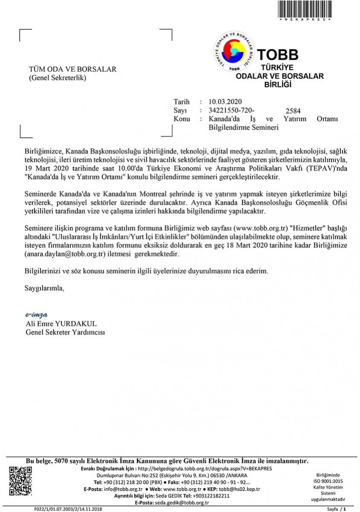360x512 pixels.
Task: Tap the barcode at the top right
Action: tap(305, 9)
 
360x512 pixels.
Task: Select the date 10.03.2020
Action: tap(225, 102)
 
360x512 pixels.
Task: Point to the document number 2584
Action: tap(293, 111)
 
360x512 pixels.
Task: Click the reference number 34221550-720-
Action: tap(229, 110)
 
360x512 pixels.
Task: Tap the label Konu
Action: tap(182, 119)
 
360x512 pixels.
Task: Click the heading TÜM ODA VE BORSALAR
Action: tap(73, 70)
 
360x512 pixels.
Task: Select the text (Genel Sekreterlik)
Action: tap(57, 78)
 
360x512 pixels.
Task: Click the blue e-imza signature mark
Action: tap(36, 315)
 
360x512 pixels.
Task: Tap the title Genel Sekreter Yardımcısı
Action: tap(65, 332)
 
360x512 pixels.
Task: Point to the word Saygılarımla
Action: tap(44, 288)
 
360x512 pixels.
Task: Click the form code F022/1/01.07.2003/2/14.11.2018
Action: tap(68, 509)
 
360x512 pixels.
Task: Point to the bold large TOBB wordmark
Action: tap(277, 55)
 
